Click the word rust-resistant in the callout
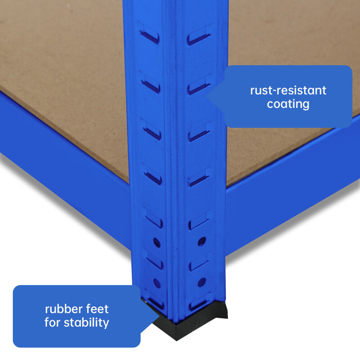tap(288, 90)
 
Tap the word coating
tap(288, 104)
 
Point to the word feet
tap(96, 309)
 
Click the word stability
tap(86, 322)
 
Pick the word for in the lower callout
tap(53, 322)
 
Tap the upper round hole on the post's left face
tap(157, 242)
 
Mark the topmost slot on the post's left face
tap(150, 36)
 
